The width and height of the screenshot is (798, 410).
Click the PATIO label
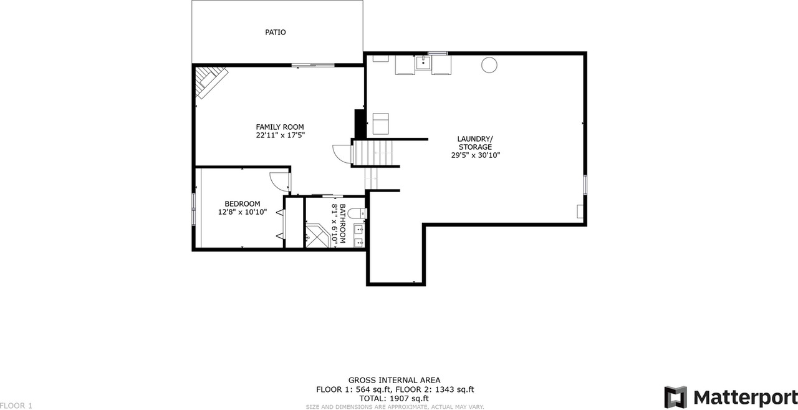275,32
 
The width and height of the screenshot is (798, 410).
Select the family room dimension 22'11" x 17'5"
280,135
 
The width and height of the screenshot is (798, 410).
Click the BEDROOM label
243,203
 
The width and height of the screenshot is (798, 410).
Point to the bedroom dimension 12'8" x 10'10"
243,212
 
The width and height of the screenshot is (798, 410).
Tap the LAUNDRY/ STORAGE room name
475,143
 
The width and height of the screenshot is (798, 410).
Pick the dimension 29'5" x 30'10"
475,155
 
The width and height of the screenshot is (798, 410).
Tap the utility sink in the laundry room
423,62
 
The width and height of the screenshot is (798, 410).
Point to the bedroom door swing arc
280,180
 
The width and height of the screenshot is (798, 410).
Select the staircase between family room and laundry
375,153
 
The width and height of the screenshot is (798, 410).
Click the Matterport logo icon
675,397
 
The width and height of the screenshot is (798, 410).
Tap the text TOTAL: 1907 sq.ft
394,398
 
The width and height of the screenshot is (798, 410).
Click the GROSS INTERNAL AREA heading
394,380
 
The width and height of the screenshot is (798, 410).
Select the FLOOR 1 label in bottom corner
16,406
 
